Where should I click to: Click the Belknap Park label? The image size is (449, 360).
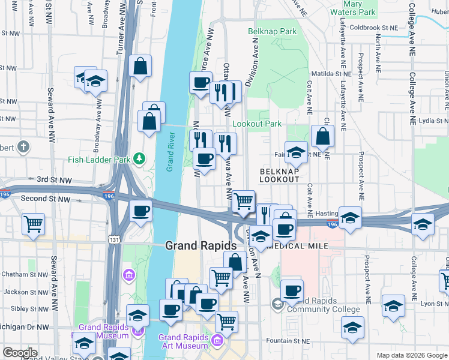[x=272, y=31]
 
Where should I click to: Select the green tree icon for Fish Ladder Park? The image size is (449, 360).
[x=139, y=158]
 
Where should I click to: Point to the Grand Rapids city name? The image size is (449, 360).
[x=200, y=245]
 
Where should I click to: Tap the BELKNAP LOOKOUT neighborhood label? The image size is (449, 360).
[x=279, y=175]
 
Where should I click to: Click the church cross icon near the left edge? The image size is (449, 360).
[x=23, y=146]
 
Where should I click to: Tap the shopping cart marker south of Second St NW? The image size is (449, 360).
[x=34, y=224]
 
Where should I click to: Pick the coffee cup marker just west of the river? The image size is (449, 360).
[x=141, y=211]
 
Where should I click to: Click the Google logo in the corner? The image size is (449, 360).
[x=20, y=353]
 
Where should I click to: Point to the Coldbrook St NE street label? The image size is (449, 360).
[x=374, y=28]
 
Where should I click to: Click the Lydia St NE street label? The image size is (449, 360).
[x=433, y=120]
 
